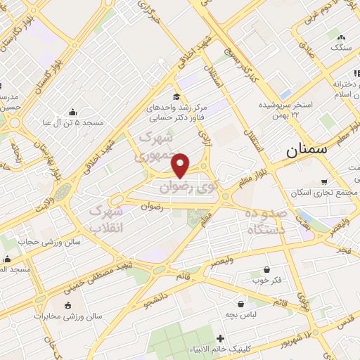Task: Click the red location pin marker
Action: (x=181, y=165)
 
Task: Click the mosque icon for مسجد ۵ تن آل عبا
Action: (x=73, y=112)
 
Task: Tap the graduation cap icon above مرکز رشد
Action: (x=176, y=97)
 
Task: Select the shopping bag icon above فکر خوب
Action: (x=266, y=269)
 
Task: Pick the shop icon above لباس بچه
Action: (x=242, y=304)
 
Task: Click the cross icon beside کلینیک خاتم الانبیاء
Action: (x=221, y=339)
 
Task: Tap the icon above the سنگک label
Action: (x=341, y=37)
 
